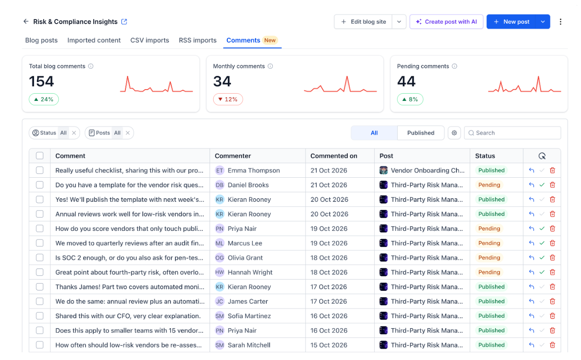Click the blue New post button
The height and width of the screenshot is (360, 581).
pos(511,21)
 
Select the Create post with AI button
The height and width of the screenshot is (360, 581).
pos(446,21)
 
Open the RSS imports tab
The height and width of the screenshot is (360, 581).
pos(197,40)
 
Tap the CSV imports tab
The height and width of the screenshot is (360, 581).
pos(150,40)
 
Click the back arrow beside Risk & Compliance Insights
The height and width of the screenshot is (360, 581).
pos(26,21)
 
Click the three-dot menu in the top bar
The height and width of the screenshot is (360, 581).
pos(560,21)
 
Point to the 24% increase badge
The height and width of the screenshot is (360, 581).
pos(44,100)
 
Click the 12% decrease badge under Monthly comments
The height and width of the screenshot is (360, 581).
pos(228,100)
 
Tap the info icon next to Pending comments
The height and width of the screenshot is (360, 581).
pos(455,66)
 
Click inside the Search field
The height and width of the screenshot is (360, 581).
pos(512,133)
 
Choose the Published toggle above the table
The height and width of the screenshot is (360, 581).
pos(421,133)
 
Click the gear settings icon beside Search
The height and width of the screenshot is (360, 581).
pos(454,133)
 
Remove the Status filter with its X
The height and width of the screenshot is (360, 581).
pos(74,133)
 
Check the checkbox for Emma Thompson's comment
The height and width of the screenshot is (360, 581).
pos(40,170)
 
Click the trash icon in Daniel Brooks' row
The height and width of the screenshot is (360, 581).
pos(552,185)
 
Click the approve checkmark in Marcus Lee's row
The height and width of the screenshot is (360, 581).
pos(542,243)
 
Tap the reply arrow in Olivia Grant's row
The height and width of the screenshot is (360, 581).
pos(531,258)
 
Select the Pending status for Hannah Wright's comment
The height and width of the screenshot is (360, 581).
pos(489,272)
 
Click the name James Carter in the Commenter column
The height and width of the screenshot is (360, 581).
pos(248,301)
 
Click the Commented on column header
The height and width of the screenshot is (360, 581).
pos(334,156)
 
